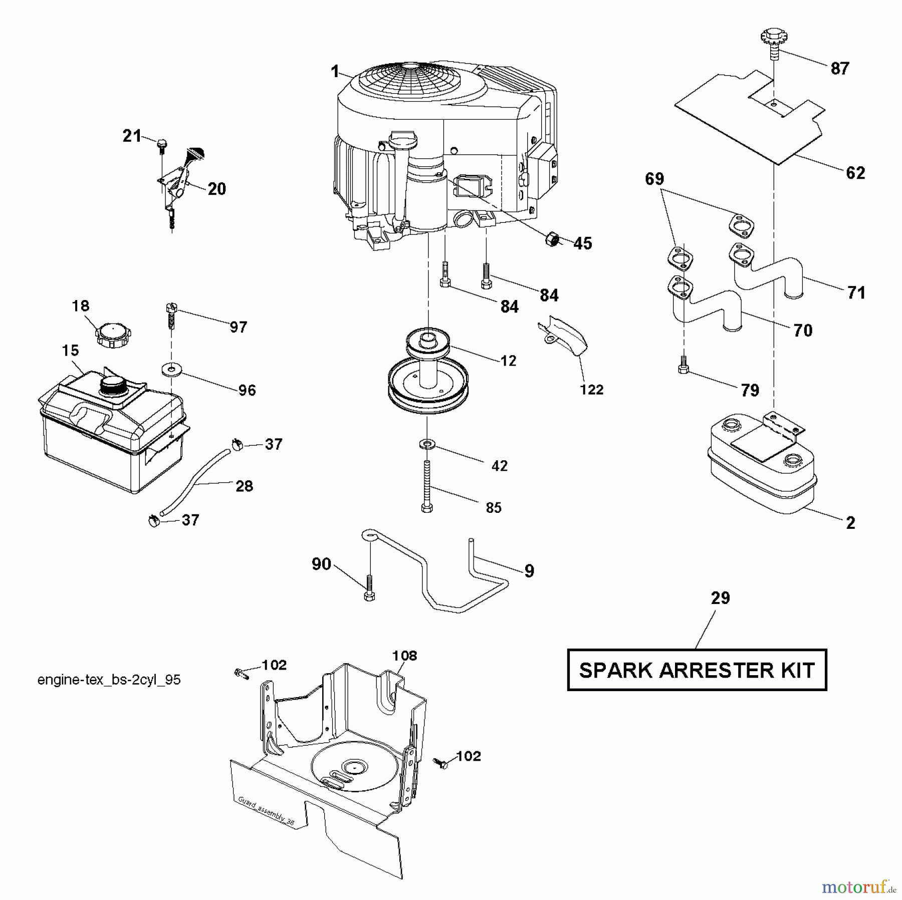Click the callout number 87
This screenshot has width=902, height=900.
(840, 68)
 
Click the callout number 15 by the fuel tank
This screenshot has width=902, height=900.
(71, 350)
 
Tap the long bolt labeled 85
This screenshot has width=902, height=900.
(427, 485)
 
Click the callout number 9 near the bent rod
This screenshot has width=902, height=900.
(529, 571)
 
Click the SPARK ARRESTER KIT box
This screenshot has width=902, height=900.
(697, 670)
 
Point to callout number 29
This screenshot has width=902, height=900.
(721, 597)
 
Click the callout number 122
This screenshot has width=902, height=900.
(591, 390)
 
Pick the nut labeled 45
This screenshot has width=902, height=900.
(552, 239)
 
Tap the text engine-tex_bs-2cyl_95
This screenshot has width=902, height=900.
(109, 680)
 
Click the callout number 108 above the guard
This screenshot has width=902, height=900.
(404, 655)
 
